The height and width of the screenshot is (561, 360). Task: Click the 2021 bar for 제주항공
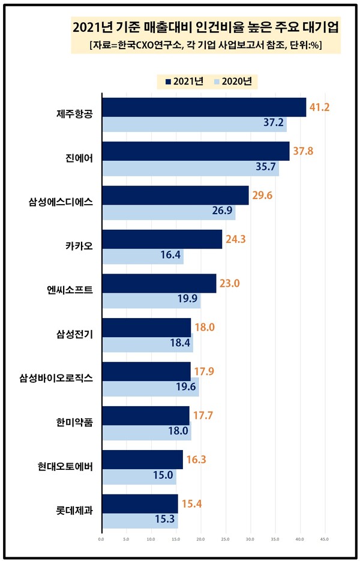[x=204, y=107]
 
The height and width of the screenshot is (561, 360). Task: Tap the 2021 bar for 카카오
[x=162, y=239]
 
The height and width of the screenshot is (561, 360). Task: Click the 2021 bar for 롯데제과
[x=140, y=503]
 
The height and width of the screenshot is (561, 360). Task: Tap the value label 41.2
[x=319, y=107]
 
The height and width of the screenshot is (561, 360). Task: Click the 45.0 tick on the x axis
[x=323, y=539]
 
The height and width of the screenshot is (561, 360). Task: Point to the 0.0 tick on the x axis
[x=101, y=539]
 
